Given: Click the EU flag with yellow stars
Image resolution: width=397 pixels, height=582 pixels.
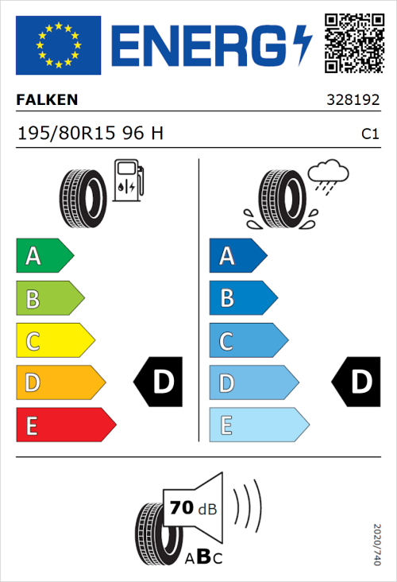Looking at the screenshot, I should tap(58, 45).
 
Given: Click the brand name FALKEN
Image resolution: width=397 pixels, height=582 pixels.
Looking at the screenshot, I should tap(47, 100).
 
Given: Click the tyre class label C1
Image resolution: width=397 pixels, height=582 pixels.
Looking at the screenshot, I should tap(369, 134).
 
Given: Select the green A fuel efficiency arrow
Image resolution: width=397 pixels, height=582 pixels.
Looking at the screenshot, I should tap(44, 256).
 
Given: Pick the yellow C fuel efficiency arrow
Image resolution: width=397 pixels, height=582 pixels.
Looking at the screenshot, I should tap(54, 341).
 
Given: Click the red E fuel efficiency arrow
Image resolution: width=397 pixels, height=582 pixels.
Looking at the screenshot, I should tap(64, 425).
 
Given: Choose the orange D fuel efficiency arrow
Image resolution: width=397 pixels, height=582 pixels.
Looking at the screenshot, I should tap(60, 383).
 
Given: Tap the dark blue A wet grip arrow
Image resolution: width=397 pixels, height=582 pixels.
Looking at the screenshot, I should tap(237, 256).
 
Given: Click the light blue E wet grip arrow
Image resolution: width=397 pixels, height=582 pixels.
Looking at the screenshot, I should tap(258, 425).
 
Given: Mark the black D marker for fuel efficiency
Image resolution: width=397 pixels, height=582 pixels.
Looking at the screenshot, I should tap(159, 382).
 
